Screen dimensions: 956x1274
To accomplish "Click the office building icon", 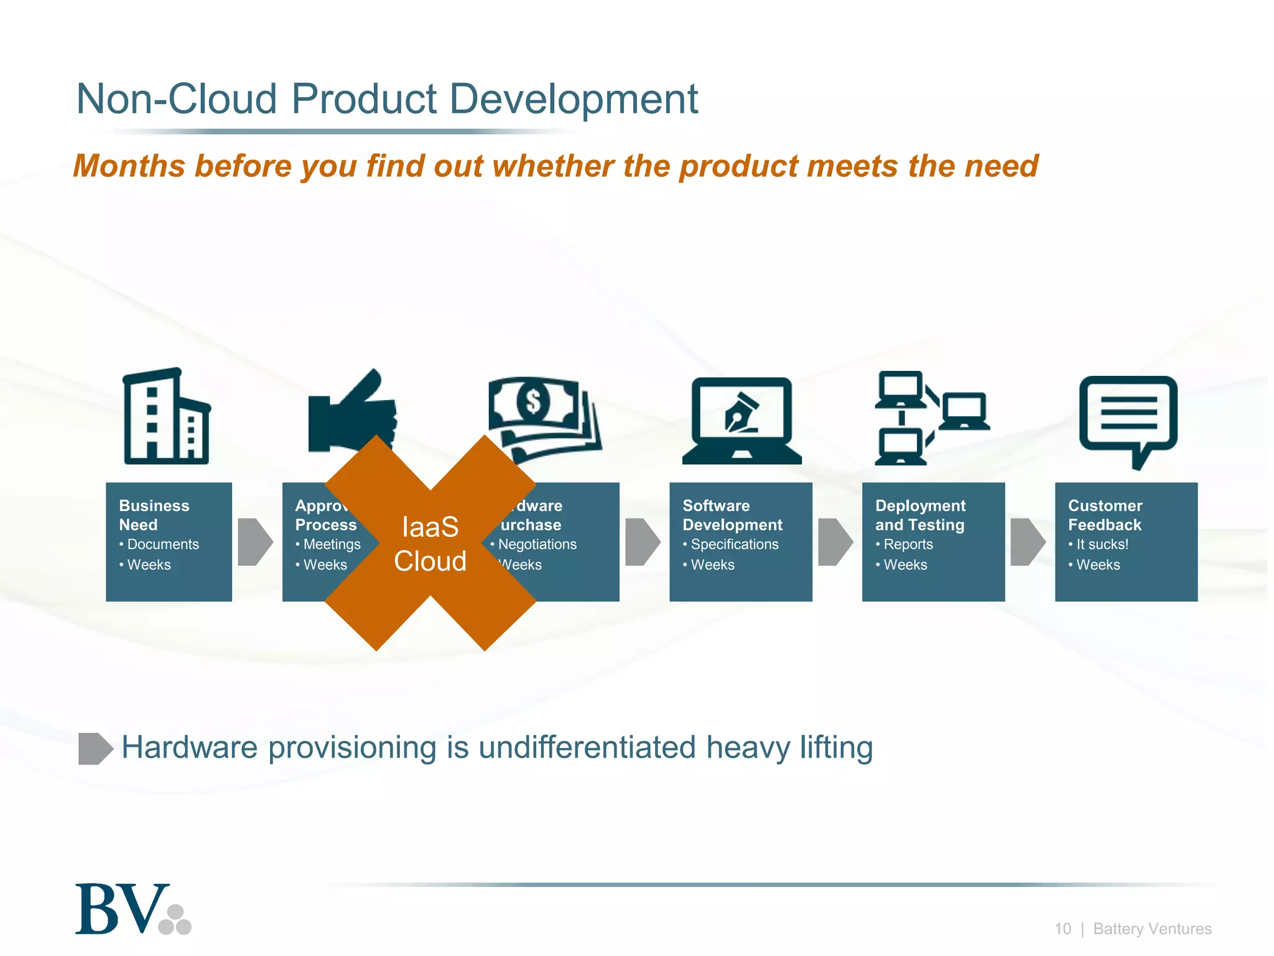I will point(166,417).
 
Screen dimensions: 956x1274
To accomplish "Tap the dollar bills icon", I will point(544,414).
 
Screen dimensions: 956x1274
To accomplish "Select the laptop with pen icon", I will point(742,420).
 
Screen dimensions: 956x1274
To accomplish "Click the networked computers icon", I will point(931,418).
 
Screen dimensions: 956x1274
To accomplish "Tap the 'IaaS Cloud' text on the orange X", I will point(430,544).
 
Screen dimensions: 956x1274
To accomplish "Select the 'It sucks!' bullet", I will point(1102,545).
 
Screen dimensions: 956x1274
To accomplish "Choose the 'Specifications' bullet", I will point(734,545).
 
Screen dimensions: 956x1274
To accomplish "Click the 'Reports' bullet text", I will point(908,545).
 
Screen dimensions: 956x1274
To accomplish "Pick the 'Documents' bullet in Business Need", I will point(162,545).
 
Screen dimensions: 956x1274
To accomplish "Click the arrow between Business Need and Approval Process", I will point(255,541).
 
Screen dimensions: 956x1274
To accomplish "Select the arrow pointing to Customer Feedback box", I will point(1028,541).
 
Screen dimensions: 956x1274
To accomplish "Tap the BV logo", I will point(133,909).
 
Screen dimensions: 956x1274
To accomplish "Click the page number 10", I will point(1062,929).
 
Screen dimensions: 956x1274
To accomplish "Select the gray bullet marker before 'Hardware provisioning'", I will point(95,748).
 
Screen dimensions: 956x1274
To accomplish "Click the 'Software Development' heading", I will point(732,515).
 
